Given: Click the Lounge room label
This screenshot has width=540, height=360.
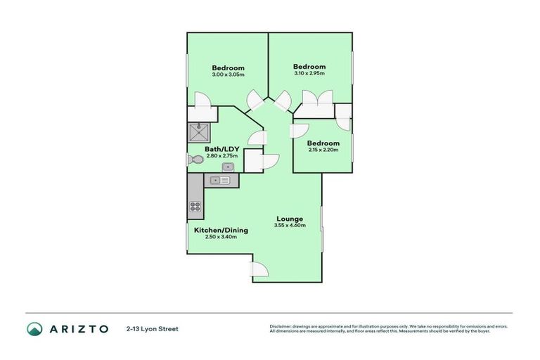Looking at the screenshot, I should tap(289, 219).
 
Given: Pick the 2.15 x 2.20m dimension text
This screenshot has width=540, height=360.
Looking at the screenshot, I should tap(323, 150).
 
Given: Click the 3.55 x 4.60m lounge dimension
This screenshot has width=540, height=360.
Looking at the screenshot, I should tap(289, 226).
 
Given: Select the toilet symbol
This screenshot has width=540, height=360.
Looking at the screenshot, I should tap(195, 160).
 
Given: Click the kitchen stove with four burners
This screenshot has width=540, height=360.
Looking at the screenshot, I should tap(195, 207).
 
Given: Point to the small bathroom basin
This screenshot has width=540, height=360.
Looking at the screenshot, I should tap(228, 167).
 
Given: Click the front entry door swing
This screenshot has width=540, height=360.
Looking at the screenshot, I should tap(259, 269).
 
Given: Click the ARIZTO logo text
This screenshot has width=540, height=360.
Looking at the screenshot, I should tap(78, 328).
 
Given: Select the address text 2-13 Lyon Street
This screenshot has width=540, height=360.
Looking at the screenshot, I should tap(152, 328).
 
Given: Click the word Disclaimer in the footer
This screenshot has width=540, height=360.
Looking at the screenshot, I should tap(281, 326).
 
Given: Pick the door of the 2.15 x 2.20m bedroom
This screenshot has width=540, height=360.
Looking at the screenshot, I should tap(301, 131).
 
